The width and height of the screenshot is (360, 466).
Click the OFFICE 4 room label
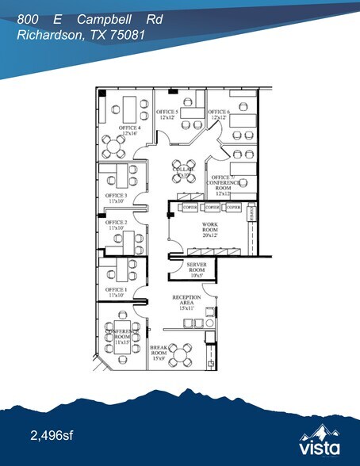[130, 128]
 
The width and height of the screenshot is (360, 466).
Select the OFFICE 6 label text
[219, 113]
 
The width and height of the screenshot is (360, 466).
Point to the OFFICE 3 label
[116, 195]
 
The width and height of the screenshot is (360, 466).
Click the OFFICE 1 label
[116, 289]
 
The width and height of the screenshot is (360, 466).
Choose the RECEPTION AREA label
[187, 299]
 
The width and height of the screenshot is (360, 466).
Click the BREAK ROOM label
[162, 351]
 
